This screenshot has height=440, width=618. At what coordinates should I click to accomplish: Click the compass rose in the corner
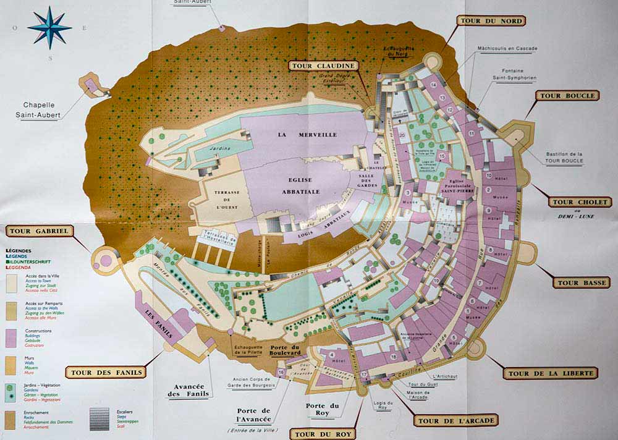coord(49,27)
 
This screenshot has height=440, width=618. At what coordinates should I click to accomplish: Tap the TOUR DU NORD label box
coord(491,20)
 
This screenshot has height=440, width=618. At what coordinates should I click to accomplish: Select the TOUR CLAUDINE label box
coord(323,66)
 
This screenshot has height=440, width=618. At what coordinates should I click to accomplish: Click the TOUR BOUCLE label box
coord(567,96)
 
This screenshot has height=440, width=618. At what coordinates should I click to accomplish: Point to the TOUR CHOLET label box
coord(580,202)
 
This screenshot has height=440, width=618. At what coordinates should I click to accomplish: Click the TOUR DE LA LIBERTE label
coord(551,373)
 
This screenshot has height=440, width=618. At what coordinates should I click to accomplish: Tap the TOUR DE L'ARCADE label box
coord(449,421)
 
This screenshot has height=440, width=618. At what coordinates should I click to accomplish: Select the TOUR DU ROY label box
coord(322,434)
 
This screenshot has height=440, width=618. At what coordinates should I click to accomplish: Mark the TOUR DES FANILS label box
coord(107,372)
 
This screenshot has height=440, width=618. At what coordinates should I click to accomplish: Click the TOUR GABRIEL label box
coord(40,231)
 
